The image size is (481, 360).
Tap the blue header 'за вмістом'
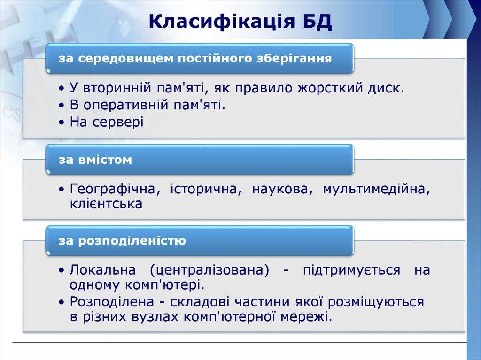click(x=199, y=160)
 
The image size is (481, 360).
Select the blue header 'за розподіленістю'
click(x=199, y=241)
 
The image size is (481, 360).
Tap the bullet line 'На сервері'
click(x=107, y=122)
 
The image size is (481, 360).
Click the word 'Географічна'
click(x=112, y=189)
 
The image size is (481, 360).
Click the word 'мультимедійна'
click(x=376, y=189)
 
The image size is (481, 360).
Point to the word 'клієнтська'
click(x=106, y=204)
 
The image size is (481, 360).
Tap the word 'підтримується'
click(x=352, y=270)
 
